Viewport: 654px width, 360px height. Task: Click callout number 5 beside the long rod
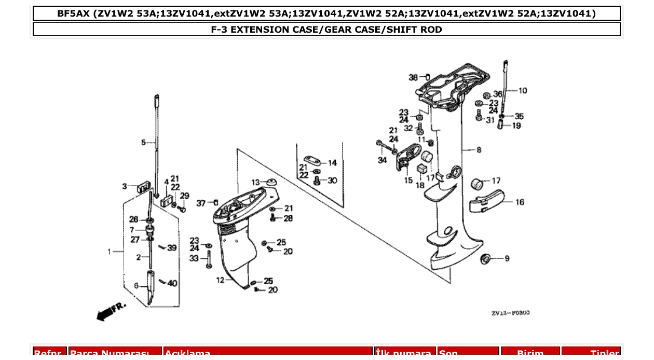pyautogui.click(x=144, y=142)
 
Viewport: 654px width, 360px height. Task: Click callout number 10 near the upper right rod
pyautogui.click(x=522, y=91)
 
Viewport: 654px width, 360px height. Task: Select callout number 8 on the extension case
pyautogui.click(x=479, y=150)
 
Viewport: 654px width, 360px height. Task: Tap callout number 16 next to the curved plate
pyautogui.click(x=520, y=202)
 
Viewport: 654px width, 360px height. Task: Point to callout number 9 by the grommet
pyautogui.click(x=507, y=258)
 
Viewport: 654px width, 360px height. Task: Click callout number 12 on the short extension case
pyautogui.click(x=220, y=280)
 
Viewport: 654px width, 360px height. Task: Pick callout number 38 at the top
pyautogui.click(x=413, y=77)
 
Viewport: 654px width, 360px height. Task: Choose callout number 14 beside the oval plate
pyautogui.click(x=332, y=162)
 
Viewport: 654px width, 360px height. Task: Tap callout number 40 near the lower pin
pyautogui.click(x=172, y=283)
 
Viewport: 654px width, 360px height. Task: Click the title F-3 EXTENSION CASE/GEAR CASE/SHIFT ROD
pyautogui.click(x=326, y=30)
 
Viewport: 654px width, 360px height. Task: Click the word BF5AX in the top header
pyautogui.click(x=74, y=13)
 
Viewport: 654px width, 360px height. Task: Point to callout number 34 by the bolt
pyautogui.click(x=382, y=160)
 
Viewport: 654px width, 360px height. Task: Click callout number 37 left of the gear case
pyautogui.click(x=201, y=203)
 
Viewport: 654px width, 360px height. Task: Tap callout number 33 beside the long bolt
pyautogui.click(x=194, y=258)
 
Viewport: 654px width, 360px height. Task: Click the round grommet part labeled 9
pyautogui.click(x=486, y=258)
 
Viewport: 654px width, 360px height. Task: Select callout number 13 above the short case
pyautogui.click(x=255, y=183)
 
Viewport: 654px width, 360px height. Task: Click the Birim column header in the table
pyautogui.click(x=530, y=353)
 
